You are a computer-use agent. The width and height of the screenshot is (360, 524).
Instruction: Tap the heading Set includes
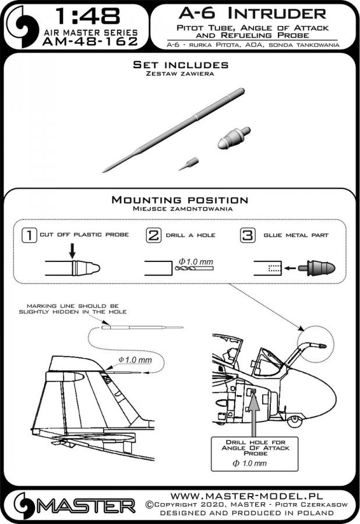point(180,65)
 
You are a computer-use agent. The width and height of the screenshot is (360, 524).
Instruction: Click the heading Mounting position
point(180,200)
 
